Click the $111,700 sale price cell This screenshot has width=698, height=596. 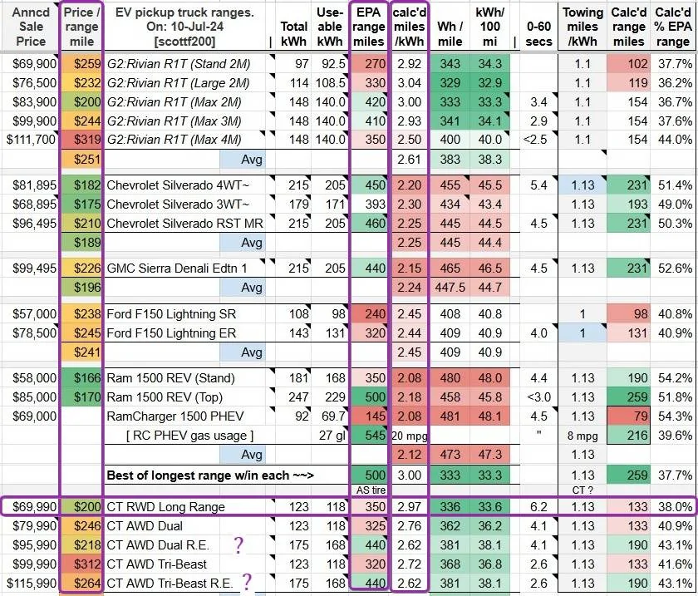[x=31, y=140]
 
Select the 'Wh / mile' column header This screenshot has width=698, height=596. [x=450, y=34]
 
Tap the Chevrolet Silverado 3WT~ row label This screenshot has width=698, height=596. [x=178, y=204]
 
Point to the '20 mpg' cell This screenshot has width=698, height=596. [x=410, y=436]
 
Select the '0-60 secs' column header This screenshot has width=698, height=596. [x=538, y=34]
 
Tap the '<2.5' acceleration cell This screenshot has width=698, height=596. [x=538, y=140]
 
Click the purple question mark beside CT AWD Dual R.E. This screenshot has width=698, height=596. [x=239, y=544]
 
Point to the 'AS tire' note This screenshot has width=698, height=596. [x=371, y=490]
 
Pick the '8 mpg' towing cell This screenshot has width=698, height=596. [x=582, y=436]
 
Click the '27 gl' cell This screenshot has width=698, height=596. [x=332, y=436]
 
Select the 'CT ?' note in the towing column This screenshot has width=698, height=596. [x=582, y=490]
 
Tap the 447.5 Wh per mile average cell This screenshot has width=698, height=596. [x=450, y=288]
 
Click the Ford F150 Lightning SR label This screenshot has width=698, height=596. [x=171, y=314]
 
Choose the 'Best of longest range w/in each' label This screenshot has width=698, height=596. [x=210, y=475]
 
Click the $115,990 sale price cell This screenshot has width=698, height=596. [x=32, y=584]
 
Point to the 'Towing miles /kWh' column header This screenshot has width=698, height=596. [x=582, y=27]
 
